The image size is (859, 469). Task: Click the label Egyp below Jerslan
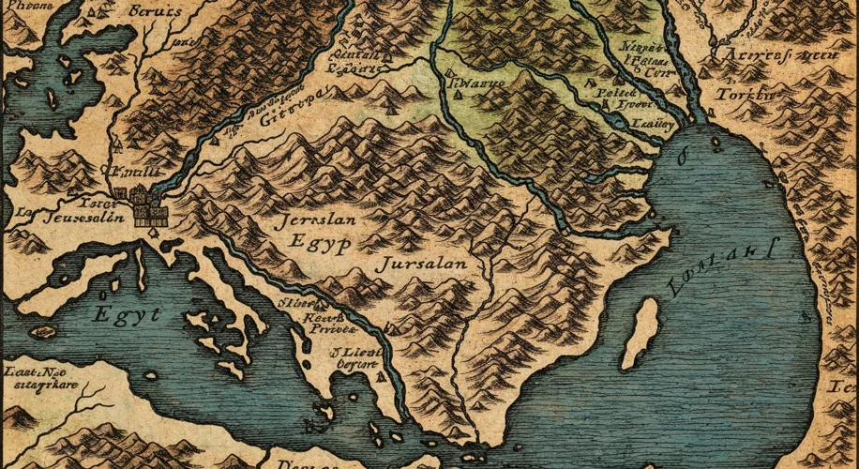point(322,246)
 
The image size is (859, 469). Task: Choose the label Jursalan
point(420,265)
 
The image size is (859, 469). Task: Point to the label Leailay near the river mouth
point(647,122)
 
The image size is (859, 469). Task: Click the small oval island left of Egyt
point(41,331)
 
